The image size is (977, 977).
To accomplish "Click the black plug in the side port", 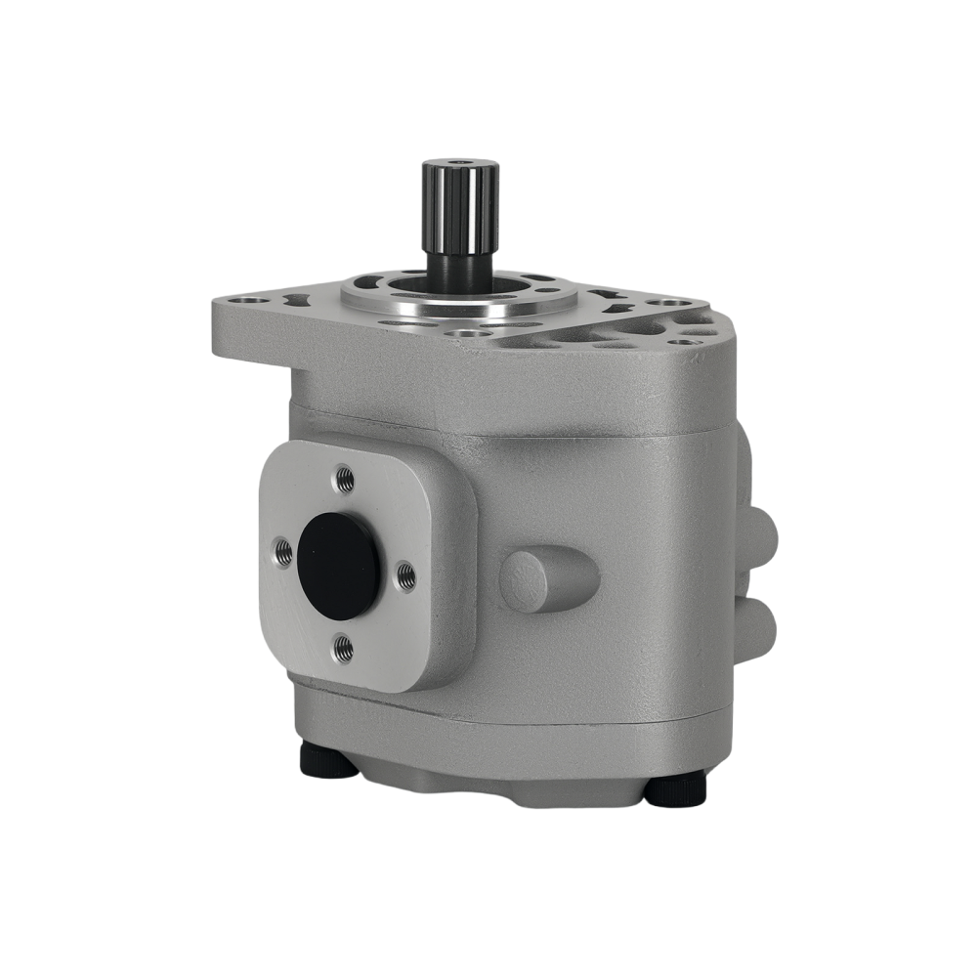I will pyautogui.click(x=339, y=566).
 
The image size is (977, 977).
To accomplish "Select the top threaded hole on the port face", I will pyautogui.click(x=344, y=478).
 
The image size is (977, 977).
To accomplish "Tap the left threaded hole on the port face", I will pyautogui.click(x=282, y=553).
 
